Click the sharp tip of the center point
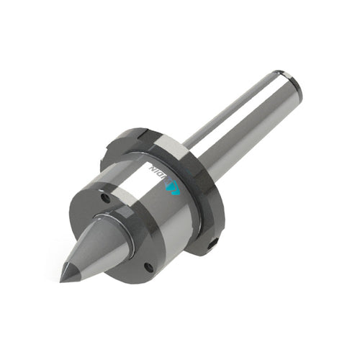[62, 280]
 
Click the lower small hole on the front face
[148, 267]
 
